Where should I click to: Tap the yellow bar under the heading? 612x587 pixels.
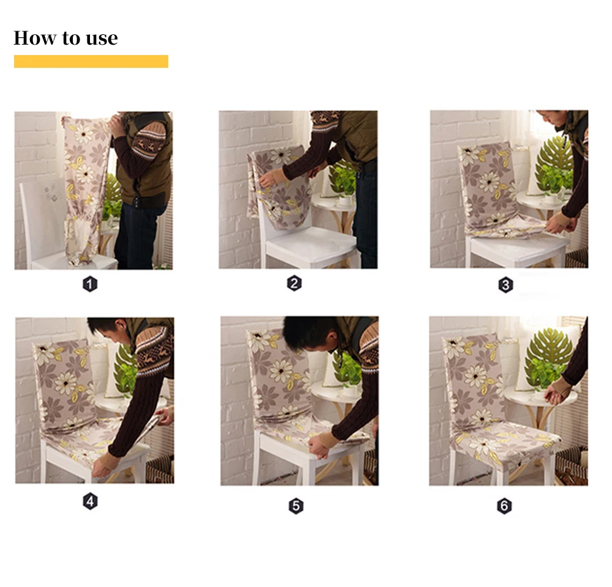(91, 61)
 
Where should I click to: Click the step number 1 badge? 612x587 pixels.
(90, 284)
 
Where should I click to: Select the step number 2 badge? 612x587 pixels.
(294, 283)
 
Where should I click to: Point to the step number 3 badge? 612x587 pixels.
(506, 285)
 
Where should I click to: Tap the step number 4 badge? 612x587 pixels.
(90, 501)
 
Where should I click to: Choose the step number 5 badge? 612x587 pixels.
(296, 506)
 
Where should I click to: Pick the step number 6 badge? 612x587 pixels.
(504, 506)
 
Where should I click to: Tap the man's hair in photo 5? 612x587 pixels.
(308, 331)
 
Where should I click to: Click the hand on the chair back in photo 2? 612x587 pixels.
(270, 179)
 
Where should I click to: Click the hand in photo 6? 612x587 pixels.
(556, 394)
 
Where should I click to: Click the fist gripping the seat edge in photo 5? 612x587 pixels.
(318, 447)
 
